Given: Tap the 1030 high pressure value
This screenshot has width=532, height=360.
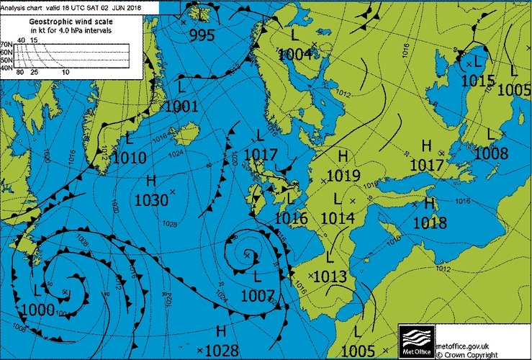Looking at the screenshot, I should (150, 199).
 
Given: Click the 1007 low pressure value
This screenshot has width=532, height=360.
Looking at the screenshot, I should (258, 294).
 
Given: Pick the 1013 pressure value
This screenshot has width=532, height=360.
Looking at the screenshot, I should (330, 277).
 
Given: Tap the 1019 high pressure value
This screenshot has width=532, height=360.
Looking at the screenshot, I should (343, 175).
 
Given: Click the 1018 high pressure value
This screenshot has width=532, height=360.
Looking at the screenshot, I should (430, 223).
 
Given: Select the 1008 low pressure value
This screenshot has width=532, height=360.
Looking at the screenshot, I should (491, 153).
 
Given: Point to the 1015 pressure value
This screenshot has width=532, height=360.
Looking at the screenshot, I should (479, 81).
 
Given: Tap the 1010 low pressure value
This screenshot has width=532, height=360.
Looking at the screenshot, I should (130, 158).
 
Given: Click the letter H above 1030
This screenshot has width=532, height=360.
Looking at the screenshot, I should (151, 180).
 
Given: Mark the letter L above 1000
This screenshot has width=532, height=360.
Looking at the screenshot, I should (38, 291).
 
